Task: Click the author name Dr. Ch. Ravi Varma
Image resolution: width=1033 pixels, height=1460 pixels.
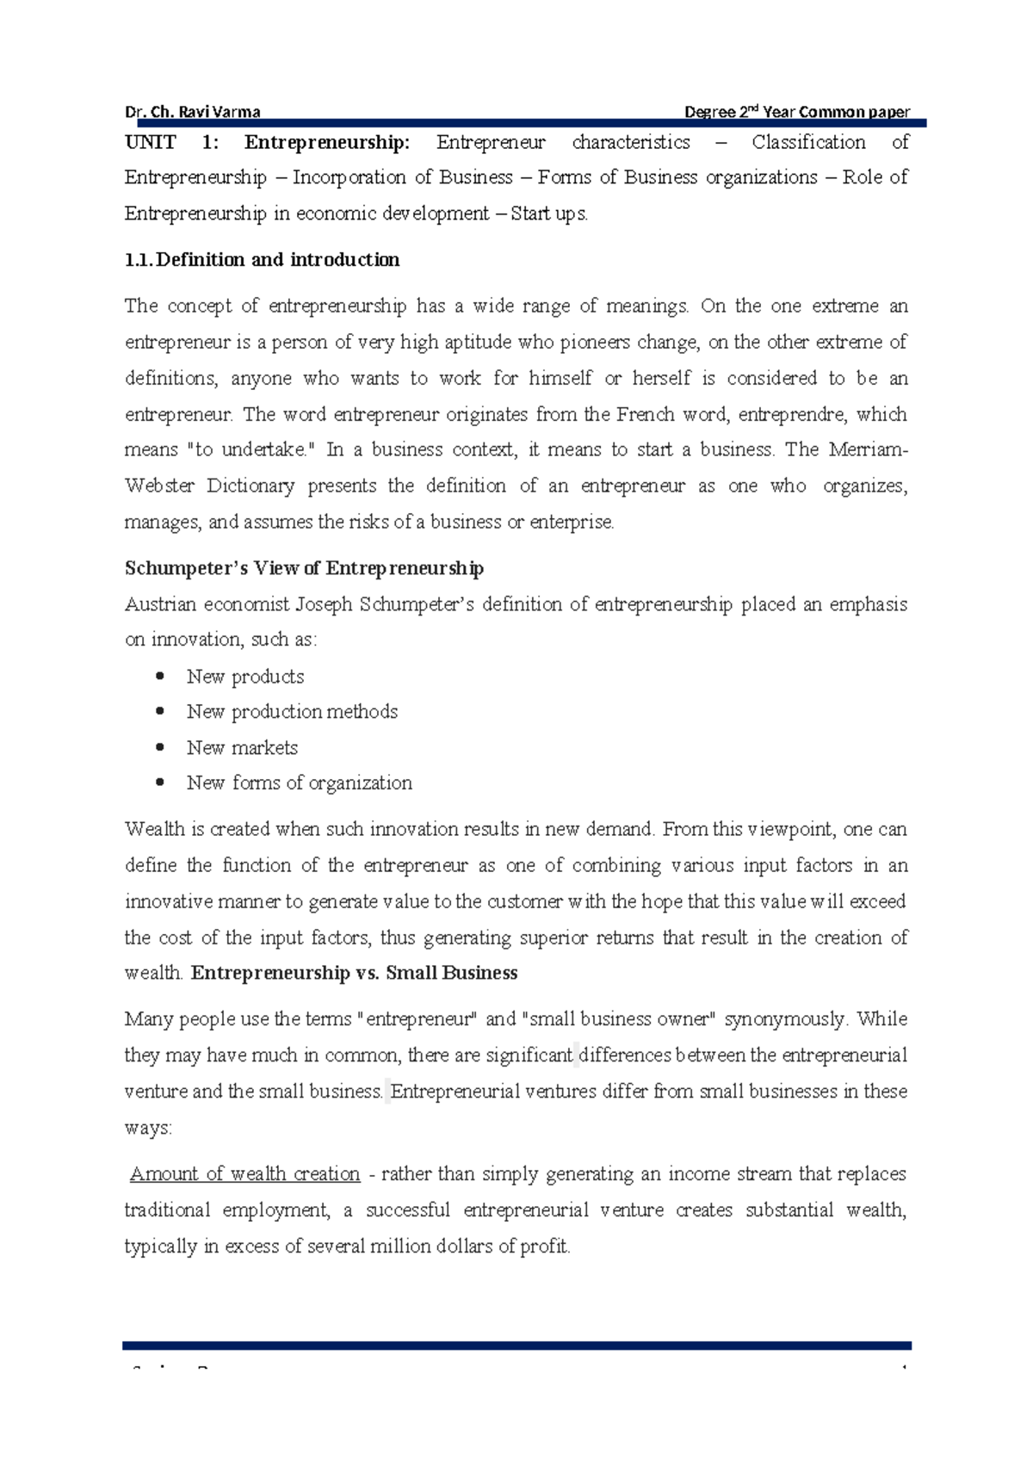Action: (x=193, y=112)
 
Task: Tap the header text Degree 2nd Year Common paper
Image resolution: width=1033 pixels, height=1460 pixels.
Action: (x=796, y=112)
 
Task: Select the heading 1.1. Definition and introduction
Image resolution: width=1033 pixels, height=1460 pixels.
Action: (x=262, y=260)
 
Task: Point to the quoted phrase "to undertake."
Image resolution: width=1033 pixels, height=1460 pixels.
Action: (x=251, y=449)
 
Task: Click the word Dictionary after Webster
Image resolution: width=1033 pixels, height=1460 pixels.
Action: (x=251, y=486)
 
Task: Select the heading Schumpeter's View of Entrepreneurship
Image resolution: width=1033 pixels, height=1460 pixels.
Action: (x=304, y=568)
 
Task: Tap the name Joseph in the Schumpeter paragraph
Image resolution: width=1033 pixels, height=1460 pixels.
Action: (x=324, y=604)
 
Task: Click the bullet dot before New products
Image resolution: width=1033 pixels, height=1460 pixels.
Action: (x=159, y=677)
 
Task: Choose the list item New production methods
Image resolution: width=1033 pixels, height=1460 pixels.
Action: (x=292, y=712)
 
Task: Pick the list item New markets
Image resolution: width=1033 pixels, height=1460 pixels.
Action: (x=242, y=748)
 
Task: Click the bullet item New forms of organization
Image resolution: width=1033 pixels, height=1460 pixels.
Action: (x=299, y=783)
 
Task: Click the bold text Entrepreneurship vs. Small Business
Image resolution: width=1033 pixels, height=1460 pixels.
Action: (x=354, y=973)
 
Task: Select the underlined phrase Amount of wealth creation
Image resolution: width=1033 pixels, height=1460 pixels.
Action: (x=244, y=1174)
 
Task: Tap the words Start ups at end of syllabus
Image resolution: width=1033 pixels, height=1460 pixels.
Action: (x=548, y=213)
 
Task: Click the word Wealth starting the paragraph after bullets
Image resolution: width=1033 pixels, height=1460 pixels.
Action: (x=154, y=829)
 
